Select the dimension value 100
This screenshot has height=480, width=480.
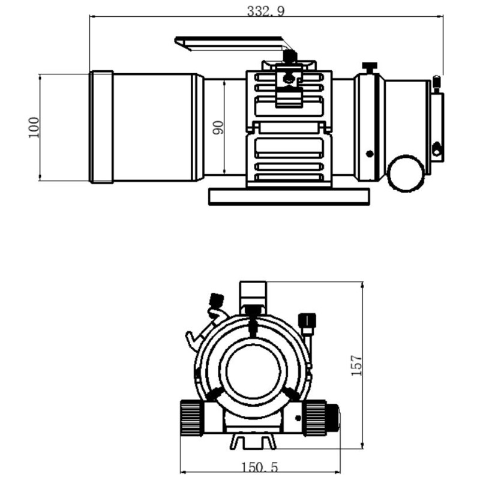(x=34, y=127)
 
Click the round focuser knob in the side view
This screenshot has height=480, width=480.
(x=404, y=173)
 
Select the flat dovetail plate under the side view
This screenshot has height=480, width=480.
(x=289, y=196)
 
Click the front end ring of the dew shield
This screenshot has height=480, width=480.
(x=101, y=127)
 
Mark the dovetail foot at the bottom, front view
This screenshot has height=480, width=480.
(x=253, y=441)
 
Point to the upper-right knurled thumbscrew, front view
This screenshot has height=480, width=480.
(x=308, y=320)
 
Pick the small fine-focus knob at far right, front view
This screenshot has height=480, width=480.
(x=334, y=415)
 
